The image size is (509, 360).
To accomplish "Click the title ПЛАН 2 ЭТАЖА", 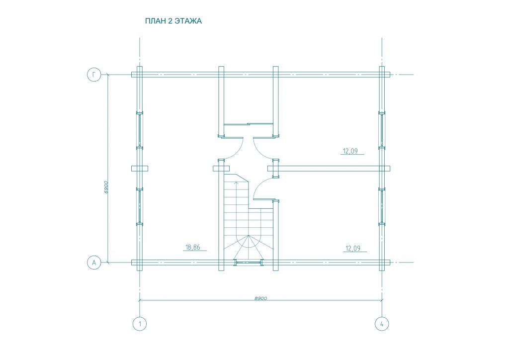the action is click(173, 21).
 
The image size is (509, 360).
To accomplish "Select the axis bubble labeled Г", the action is click(94, 75).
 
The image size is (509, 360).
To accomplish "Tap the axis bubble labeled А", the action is click(94, 262).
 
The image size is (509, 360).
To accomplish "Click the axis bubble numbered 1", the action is click(140, 324).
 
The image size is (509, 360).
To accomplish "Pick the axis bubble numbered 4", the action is click(382, 324).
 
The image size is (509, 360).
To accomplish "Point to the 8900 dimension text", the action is click(260, 298).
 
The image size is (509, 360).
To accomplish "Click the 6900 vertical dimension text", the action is click(106, 187).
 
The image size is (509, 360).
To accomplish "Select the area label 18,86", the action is click(192, 247).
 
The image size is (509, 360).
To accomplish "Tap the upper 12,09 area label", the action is click(350, 151).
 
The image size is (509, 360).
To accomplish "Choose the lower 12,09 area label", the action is click(353, 248).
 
